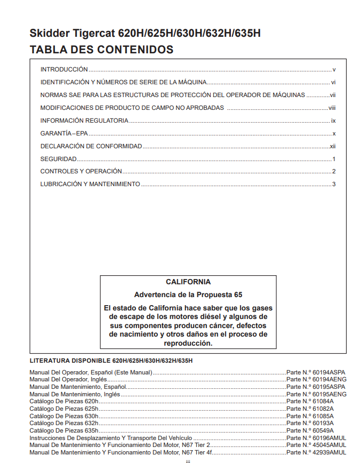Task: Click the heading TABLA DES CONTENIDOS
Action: tap(101, 50)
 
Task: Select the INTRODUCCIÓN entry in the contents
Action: tap(64, 69)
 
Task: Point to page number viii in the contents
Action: tap(332, 108)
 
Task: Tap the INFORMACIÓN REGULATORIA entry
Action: tap(84, 121)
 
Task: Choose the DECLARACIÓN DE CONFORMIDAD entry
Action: tap(91, 146)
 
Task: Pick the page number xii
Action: tap(332, 146)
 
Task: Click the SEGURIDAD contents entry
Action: tap(59, 159)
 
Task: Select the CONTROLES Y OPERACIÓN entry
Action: tap(81, 172)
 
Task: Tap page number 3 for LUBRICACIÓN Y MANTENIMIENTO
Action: tap(333, 185)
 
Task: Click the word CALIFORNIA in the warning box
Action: tap(188, 282)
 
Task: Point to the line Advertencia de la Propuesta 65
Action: tap(188, 294)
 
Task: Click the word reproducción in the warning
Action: tap(188, 344)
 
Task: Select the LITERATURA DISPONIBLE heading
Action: tap(111, 361)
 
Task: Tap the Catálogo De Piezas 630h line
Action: tap(64, 416)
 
